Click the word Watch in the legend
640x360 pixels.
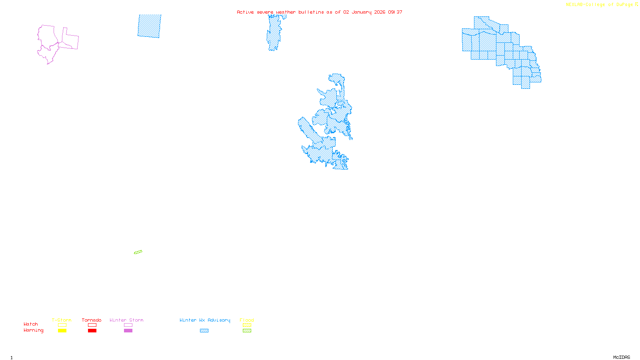pos(31,324)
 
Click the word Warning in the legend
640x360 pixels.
pos(33,330)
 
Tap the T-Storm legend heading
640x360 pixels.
pos(62,320)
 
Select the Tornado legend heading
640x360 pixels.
pos(92,320)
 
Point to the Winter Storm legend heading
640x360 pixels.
pos(126,320)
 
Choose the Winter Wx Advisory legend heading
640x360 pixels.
pos(205,320)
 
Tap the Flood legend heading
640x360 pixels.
pos(247,320)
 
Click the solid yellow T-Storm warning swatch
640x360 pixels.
pos(62,331)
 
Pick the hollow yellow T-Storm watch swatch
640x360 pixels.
pos(62,325)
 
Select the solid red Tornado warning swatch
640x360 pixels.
pos(92,331)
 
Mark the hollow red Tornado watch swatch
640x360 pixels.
pos(92,325)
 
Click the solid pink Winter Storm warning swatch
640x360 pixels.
pos(128,331)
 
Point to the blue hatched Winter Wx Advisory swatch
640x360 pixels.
pos(204,331)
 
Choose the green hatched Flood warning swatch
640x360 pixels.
pos(247,331)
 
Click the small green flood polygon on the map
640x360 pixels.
pos(138,252)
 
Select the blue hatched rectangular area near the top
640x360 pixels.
pos(149,26)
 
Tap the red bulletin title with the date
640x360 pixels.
pos(319,12)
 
